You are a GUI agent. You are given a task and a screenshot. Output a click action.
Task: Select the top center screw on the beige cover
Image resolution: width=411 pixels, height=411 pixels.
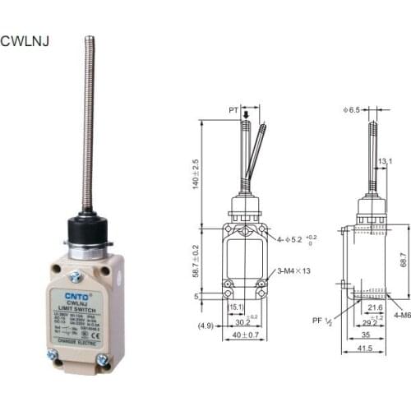tap(75, 276)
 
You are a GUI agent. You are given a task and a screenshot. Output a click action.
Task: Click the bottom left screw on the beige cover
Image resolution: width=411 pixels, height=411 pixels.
tap(53, 355)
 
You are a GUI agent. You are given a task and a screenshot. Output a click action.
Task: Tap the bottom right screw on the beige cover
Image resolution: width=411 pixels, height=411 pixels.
tap(103, 360)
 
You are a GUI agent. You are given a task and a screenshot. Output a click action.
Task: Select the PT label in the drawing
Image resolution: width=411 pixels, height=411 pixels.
tap(233, 108)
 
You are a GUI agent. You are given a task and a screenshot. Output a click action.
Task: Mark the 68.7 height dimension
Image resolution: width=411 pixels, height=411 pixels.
tap(403, 261)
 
